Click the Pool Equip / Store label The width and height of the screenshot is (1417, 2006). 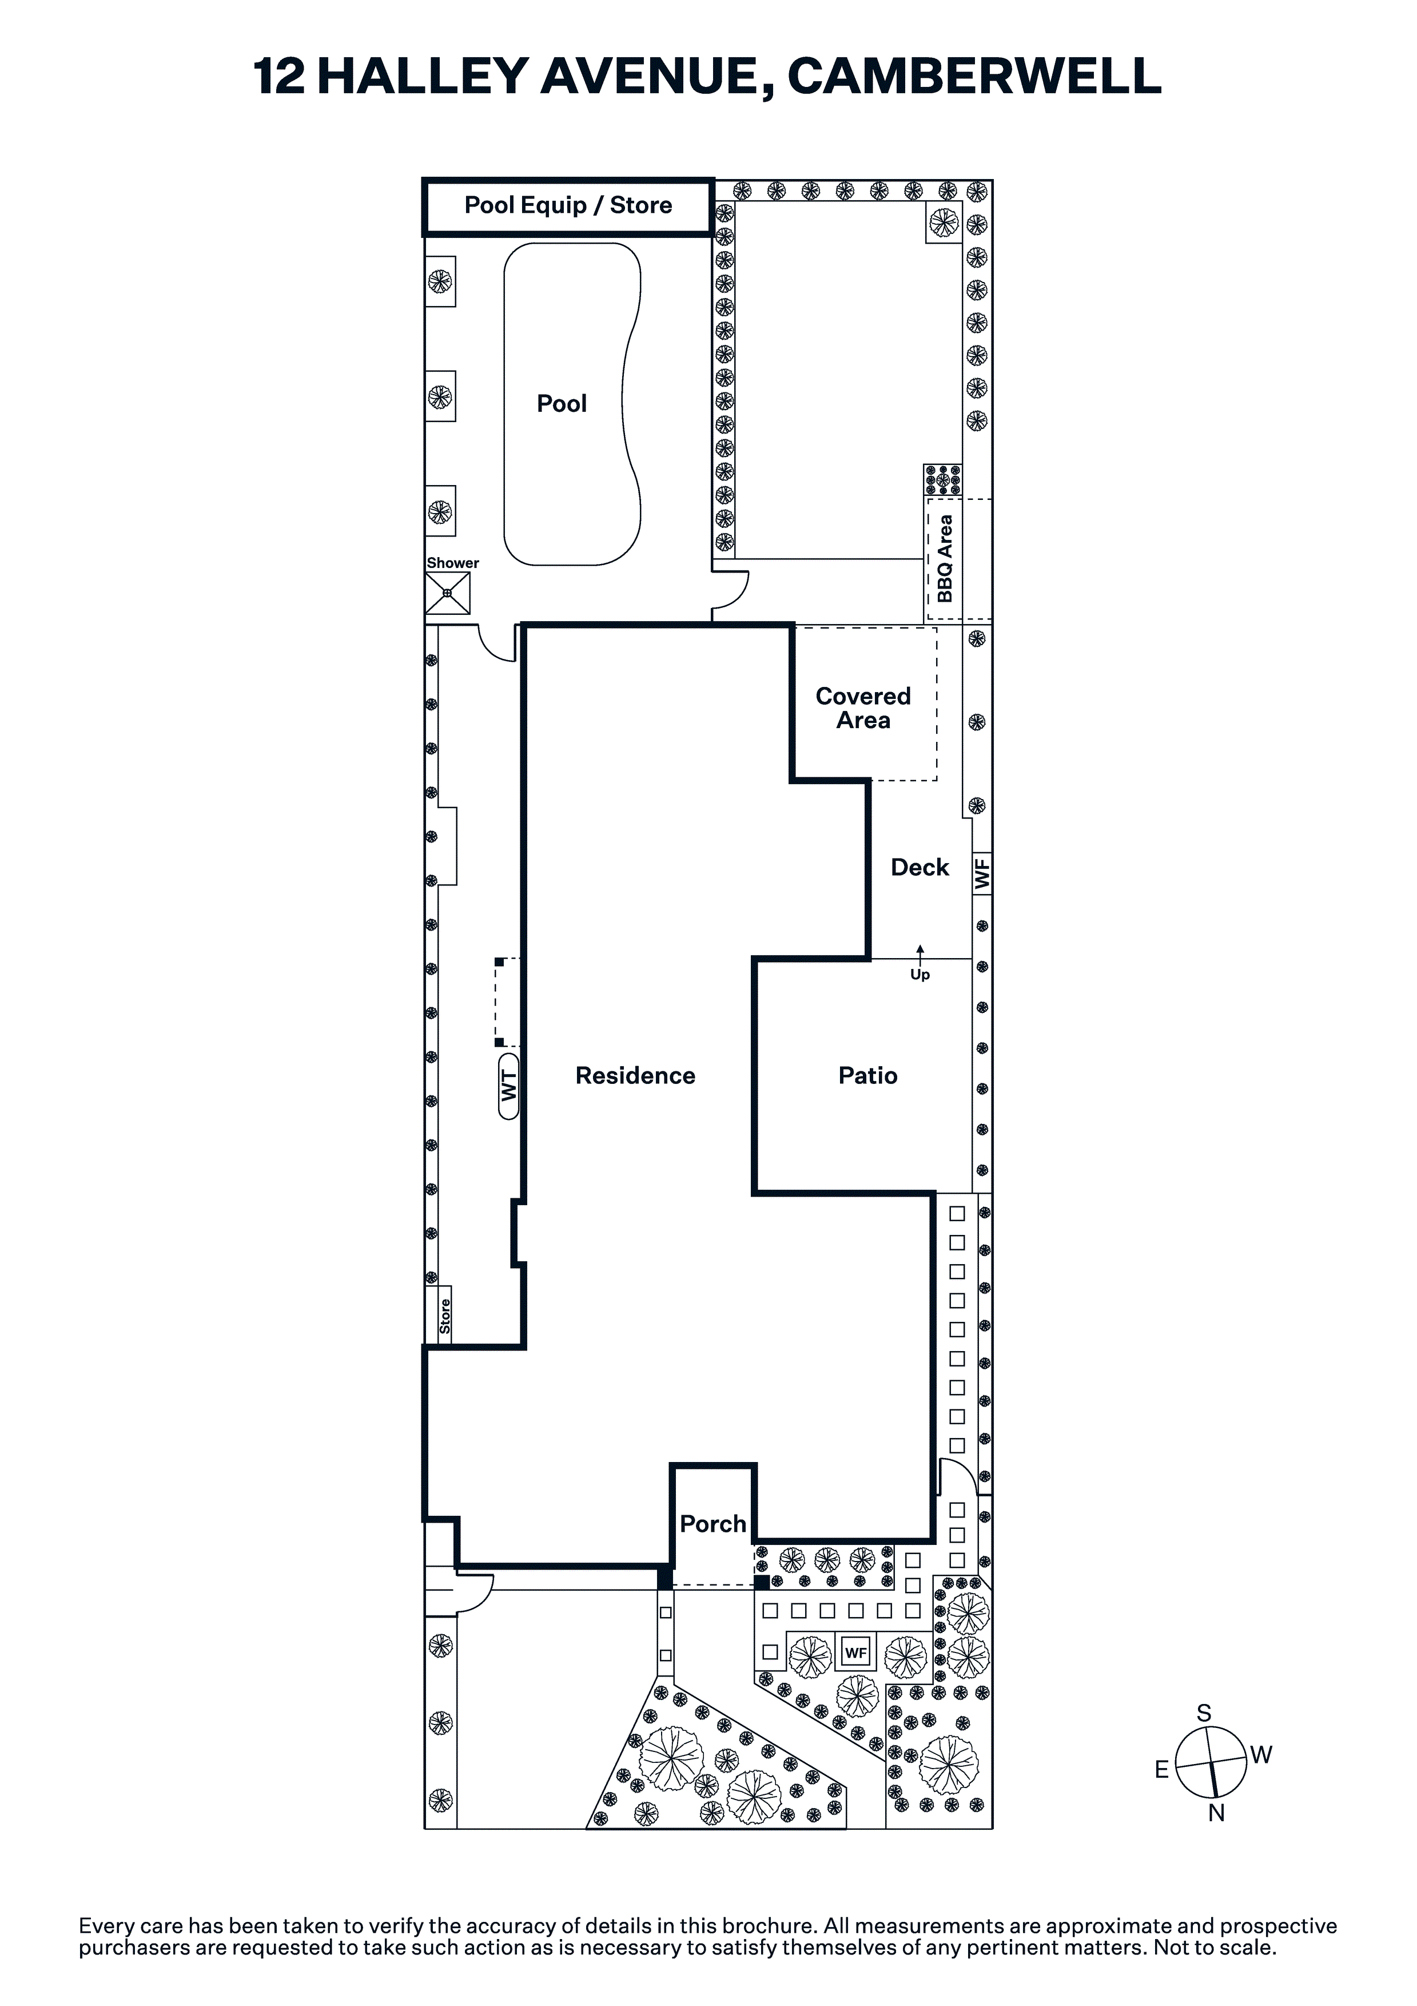click(x=568, y=205)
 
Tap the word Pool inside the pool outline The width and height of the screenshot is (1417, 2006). click(x=562, y=404)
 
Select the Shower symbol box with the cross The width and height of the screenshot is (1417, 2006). click(x=447, y=593)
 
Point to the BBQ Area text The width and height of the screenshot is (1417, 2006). click(x=944, y=558)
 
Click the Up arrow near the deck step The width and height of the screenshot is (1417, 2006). click(x=920, y=953)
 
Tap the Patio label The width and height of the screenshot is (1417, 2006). click(x=867, y=1075)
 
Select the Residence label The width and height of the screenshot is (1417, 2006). click(x=635, y=1075)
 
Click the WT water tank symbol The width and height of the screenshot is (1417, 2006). click(x=508, y=1086)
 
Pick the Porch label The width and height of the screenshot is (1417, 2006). click(x=713, y=1524)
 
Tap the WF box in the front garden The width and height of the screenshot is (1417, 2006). click(x=855, y=1652)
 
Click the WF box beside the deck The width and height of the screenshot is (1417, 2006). click(x=982, y=873)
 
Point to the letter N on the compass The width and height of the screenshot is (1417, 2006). click(x=1216, y=1813)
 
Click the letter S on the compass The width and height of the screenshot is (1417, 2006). click(x=1204, y=1713)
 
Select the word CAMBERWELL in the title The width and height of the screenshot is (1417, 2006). click(x=974, y=76)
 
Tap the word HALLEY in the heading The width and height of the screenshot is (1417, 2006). click(x=422, y=76)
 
